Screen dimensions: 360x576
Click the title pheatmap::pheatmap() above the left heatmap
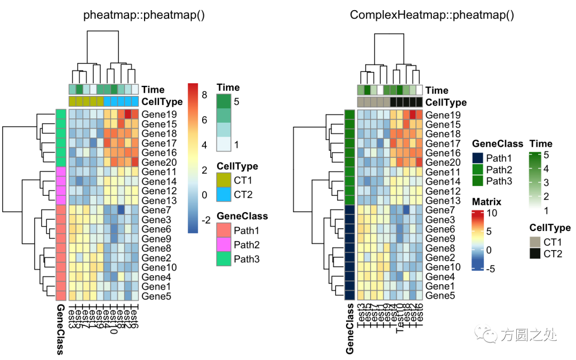coord(144,15)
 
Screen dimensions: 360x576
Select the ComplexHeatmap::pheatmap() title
coord(431,15)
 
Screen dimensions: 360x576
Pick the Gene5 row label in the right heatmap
coord(440,295)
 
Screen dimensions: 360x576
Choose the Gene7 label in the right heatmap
coord(440,210)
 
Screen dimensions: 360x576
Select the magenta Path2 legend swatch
coord(224,244)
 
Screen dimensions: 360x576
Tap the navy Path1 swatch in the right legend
coord(478,158)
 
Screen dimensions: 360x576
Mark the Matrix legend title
coord(486,202)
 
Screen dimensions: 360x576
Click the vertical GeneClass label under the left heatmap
coord(60,330)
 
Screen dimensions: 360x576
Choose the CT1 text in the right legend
coord(553,242)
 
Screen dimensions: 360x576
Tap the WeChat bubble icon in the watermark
coord(490,335)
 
